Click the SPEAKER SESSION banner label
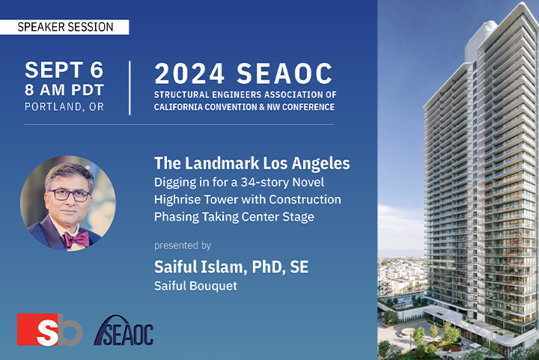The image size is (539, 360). coord(65,27)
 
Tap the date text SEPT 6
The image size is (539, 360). coord(64,70)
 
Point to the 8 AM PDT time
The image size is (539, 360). coord(64,90)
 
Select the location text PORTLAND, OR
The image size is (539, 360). coord(64,107)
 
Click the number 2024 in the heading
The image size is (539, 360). coord(189,73)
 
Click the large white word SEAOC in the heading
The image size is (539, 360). coord(284,73)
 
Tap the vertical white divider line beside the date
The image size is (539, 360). coord(130,88)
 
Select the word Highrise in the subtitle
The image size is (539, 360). coord(177,200)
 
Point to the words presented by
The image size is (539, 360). coord(183,245)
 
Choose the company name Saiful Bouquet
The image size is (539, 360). coord(195,286)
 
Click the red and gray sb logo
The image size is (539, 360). coord(50,329)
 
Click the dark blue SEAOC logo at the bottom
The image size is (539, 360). coord(124,331)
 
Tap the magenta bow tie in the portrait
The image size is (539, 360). coord(76,239)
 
